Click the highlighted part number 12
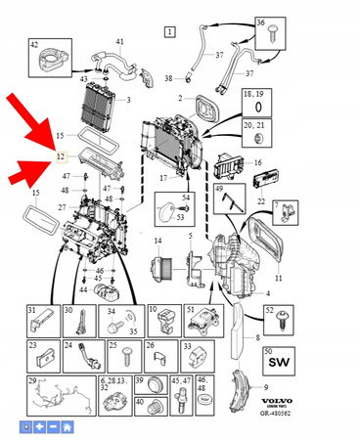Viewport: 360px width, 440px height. click(x=60, y=155)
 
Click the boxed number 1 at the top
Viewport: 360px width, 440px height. click(x=170, y=33)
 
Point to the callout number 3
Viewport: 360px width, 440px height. click(x=127, y=100)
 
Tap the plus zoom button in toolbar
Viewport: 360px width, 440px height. click(x=38, y=427)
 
